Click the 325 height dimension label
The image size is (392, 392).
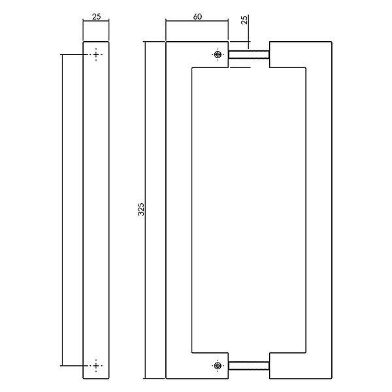coord(141,209)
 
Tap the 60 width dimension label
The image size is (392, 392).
coord(197,16)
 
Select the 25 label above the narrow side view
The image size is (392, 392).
coord(97,17)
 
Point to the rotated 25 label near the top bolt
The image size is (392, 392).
coord(244,20)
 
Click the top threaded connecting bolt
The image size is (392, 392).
coord(249,54)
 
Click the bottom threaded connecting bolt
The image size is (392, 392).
coord(249,365)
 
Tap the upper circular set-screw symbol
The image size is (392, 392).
coord(218,54)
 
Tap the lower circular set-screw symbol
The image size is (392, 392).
coord(218,365)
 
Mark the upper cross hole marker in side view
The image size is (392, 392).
coord(96,54)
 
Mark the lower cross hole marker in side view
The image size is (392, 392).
coord(96,365)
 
